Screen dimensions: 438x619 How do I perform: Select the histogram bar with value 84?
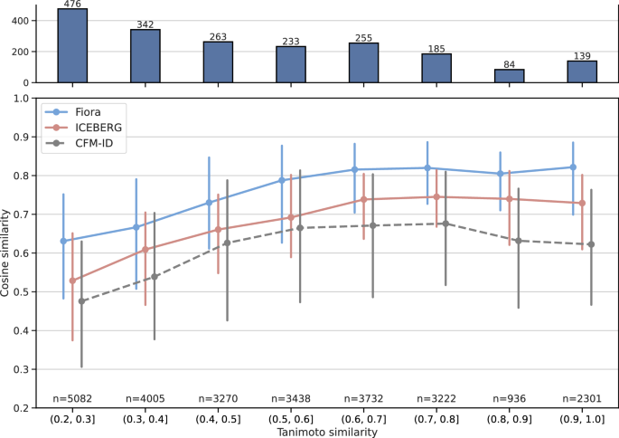pos(510,76)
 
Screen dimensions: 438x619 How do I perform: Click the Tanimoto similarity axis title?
pos(327,432)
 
